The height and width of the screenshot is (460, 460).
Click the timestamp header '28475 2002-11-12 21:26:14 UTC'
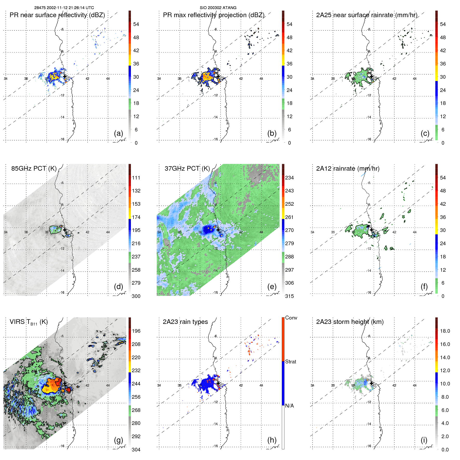64,8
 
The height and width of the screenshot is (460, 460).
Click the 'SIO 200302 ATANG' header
218,8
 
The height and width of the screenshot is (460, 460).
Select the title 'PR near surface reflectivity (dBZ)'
57,15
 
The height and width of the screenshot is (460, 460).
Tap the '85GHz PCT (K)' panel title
34,169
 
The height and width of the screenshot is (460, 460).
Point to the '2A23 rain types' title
185,322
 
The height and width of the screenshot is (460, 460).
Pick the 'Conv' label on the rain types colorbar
291,318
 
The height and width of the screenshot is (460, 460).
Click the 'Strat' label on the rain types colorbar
290,362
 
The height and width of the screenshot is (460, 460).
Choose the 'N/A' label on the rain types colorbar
289,406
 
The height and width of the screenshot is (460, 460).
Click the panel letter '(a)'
118,133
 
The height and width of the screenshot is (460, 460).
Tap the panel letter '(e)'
272,286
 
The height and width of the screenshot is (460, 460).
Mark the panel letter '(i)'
424,440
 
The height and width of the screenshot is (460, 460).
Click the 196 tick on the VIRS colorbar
136,331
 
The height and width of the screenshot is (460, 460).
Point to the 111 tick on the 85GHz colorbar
136,178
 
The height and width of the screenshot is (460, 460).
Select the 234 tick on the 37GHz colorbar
289,178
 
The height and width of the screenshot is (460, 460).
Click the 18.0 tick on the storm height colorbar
445,331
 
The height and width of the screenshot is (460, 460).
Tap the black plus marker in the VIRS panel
65,383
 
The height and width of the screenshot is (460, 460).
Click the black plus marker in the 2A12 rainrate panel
371,230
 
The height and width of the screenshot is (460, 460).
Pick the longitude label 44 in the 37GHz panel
261,232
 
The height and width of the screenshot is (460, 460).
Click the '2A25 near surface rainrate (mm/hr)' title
366,15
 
